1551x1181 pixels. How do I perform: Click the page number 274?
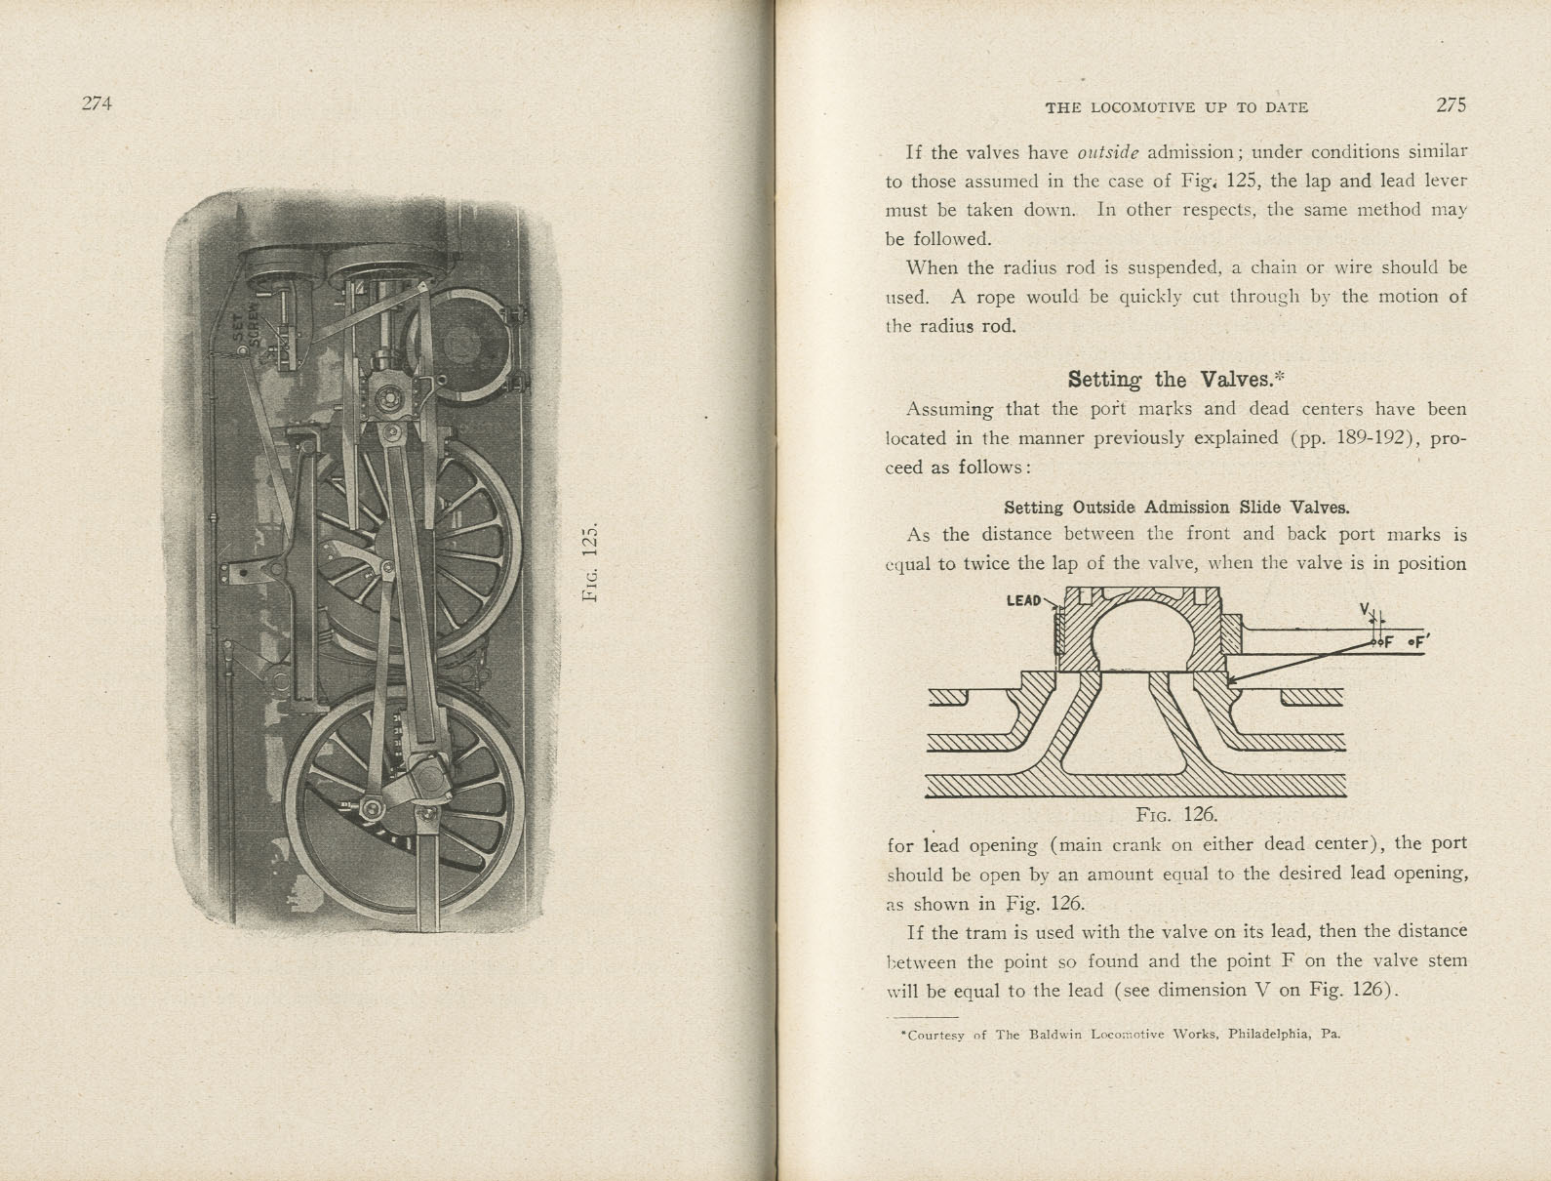(98, 103)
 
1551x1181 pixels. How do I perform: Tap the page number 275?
(1451, 105)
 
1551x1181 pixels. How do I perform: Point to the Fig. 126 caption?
(1176, 814)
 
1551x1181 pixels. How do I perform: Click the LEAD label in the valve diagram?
(1023, 600)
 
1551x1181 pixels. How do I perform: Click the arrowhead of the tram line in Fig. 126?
(1232, 680)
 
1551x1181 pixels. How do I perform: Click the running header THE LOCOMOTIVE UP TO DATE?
(1176, 107)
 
